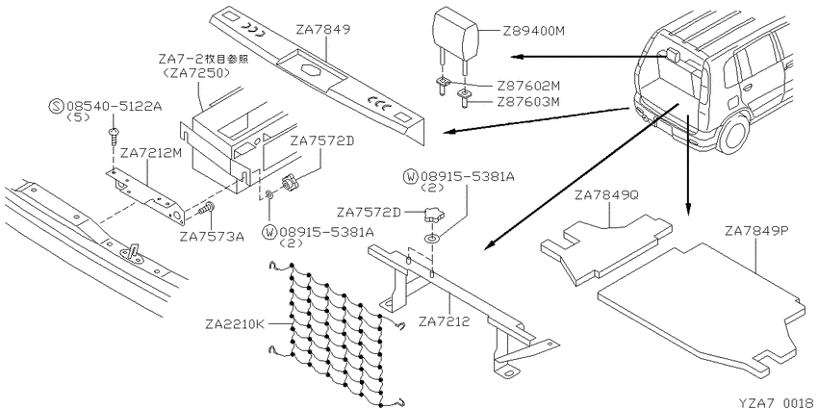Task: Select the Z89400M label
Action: [534, 31]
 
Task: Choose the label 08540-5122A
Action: [101, 103]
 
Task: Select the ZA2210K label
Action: [234, 323]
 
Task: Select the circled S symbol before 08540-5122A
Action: [55, 103]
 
